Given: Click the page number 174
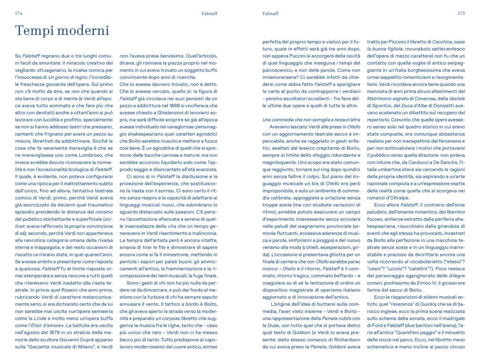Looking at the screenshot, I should [19, 14].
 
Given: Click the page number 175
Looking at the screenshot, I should [461, 14].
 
